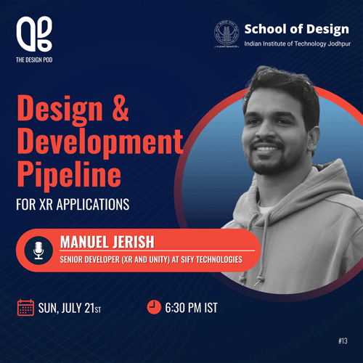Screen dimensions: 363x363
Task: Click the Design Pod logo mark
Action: (34, 34)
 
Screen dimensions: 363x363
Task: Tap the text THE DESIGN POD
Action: (34, 60)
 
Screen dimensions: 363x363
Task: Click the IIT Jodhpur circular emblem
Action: (227, 33)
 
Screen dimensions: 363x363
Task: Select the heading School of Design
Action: (297, 30)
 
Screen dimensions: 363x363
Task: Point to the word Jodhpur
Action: (339, 44)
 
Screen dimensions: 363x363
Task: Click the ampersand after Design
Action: (121, 108)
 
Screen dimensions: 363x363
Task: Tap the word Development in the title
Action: (100, 142)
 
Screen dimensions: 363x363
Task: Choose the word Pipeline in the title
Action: (69, 175)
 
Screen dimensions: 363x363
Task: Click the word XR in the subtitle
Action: (46, 205)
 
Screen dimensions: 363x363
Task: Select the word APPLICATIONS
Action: (93, 205)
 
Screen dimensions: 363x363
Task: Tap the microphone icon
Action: (38, 250)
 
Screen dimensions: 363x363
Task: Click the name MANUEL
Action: (83, 242)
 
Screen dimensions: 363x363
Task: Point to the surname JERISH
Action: (134, 242)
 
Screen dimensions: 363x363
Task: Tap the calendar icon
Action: (25, 307)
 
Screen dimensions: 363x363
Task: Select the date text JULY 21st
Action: (81, 309)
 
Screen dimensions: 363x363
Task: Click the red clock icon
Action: (154, 307)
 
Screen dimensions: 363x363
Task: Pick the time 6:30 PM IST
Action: (191, 308)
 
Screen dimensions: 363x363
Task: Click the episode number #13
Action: (343, 341)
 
